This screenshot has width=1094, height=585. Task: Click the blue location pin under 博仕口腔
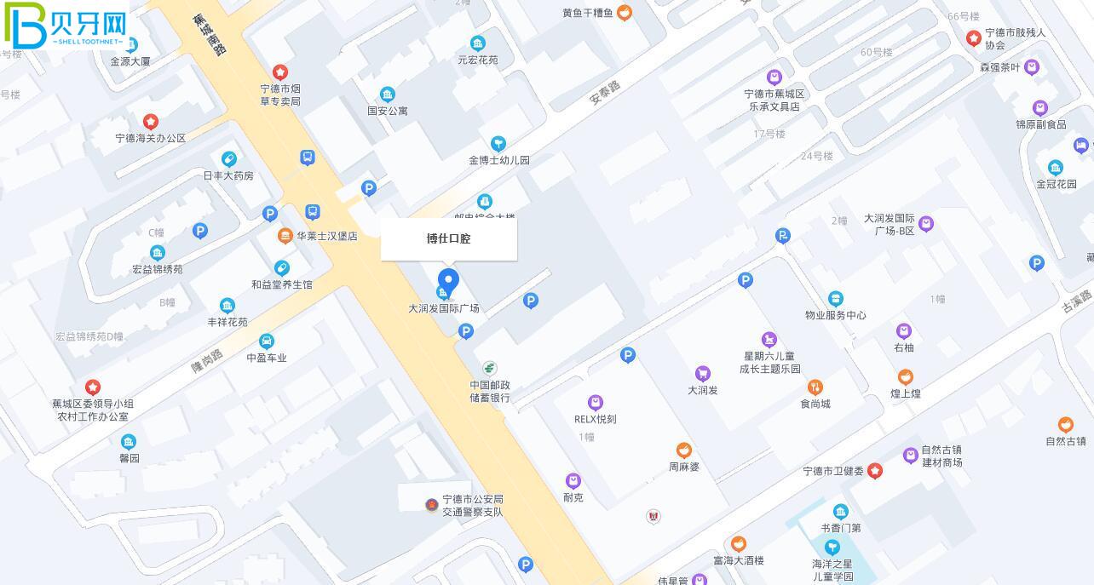pyautogui.click(x=448, y=280)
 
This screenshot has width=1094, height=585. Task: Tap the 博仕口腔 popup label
pyautogui.click(x=448, y=238)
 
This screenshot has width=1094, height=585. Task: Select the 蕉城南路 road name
pyautogui.click(x=209, y=35)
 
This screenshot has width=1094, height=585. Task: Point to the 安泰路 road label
pyautogui.click(x=605, y=93)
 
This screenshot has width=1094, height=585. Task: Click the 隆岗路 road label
pyautogui.click(x=206, y=361)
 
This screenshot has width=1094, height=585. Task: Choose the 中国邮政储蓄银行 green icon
pyautogui.click(x=489, y=368)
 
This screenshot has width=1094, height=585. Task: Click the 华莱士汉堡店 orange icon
pyautogui.click(x=285, y=236)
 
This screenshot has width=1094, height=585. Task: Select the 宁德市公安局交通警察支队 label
pyautogui.click(x=466, y=506)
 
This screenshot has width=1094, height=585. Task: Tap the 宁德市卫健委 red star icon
pyautogui.click(x=874, y=471)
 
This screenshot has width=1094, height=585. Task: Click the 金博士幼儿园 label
pyautogui.click(x=498, y=160)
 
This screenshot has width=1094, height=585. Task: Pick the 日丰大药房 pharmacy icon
pyautogui.click(x=228, y=159)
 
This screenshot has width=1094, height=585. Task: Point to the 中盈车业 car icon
pyautogui.click(x=266, y=341)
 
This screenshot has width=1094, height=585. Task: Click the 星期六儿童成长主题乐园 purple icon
pyautogui.click(x=769, y=340)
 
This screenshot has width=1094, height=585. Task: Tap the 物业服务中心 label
pyautogui.click(x=835, y=315)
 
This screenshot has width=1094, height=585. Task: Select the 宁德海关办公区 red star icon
pyautogui.click(x=151, y=122)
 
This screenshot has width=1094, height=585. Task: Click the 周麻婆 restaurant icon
pyautogui.click(x=683, y=450)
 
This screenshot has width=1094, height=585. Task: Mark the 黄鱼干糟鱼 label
pyautogui.click(x=588, y=13)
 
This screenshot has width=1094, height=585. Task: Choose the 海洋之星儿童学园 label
pyautogui.click(x=832, y=570)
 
